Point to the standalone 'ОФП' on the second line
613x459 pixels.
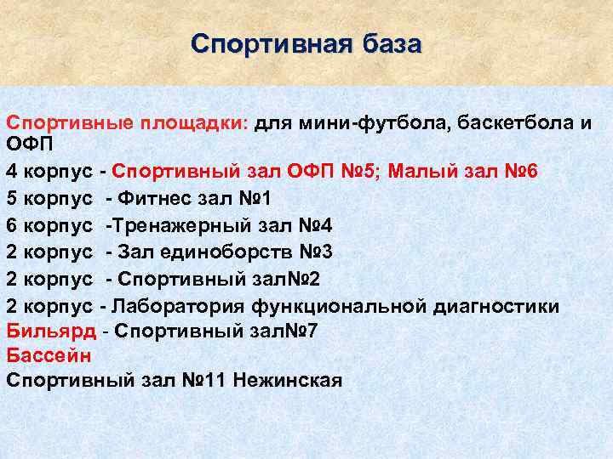click(x=30, y=144)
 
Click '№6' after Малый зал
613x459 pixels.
click(x=519, y=171)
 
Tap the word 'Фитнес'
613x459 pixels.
click(x=156, y=200)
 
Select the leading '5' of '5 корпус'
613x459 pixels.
click(x=11, y=200)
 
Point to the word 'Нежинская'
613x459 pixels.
click(x=287, y=380)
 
